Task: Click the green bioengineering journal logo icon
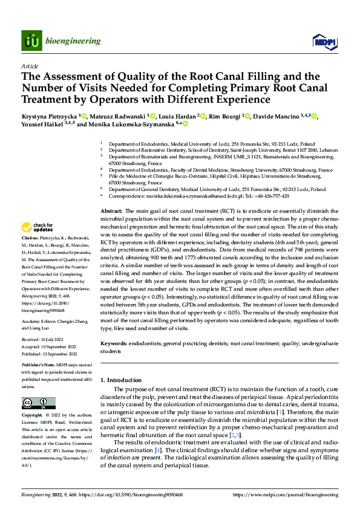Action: point(31,41)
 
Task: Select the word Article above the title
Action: point(29,66)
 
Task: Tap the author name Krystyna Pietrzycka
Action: point(48,115)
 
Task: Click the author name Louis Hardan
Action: point(177,115)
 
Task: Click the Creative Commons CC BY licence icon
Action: point(35,403)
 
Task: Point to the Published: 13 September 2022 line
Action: point(53,352)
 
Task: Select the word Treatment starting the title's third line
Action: point(50,98)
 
